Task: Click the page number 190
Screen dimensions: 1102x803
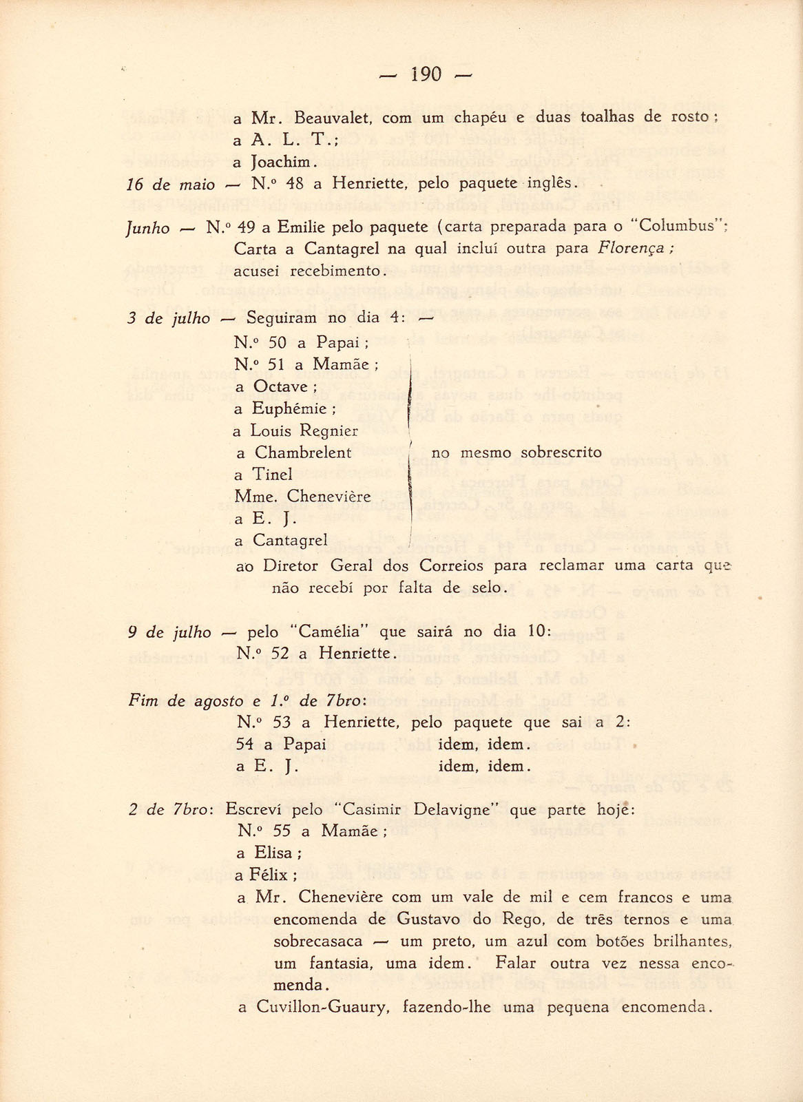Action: pos(426,74)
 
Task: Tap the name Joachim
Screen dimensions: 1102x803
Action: pos(284,163)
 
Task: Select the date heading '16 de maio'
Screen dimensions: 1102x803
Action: pos(171,184)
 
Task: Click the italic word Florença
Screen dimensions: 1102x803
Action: pos(631,249)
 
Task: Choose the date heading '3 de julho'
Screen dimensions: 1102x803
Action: pos(169,318)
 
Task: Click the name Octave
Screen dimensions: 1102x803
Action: pos(280,387)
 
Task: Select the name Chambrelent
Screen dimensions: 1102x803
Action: pos(303,453)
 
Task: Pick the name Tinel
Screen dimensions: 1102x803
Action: pos(273,475)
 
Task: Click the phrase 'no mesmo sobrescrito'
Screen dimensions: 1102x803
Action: pos(517,453)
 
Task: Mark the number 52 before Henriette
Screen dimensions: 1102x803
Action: pos(280,653)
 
